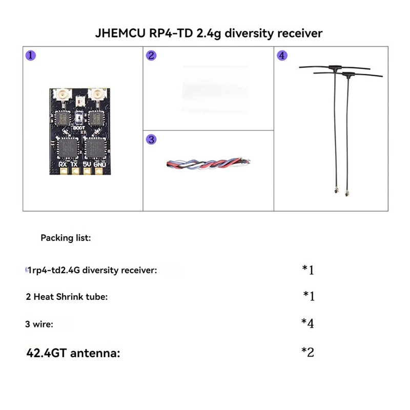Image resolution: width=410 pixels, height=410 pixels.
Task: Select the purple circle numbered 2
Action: pos(150,56)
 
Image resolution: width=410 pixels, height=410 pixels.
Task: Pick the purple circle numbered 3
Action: pos(151,139)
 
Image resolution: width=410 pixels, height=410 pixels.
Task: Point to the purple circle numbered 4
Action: pos(282,56)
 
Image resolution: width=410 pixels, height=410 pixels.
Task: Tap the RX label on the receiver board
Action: pos(63,165)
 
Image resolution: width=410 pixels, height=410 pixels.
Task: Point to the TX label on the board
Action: pos(75,165)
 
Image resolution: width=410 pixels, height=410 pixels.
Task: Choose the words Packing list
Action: pos(66,238)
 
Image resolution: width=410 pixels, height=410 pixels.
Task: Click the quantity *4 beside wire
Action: pos(307,323)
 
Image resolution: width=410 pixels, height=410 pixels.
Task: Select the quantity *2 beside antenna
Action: pos(307,353)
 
